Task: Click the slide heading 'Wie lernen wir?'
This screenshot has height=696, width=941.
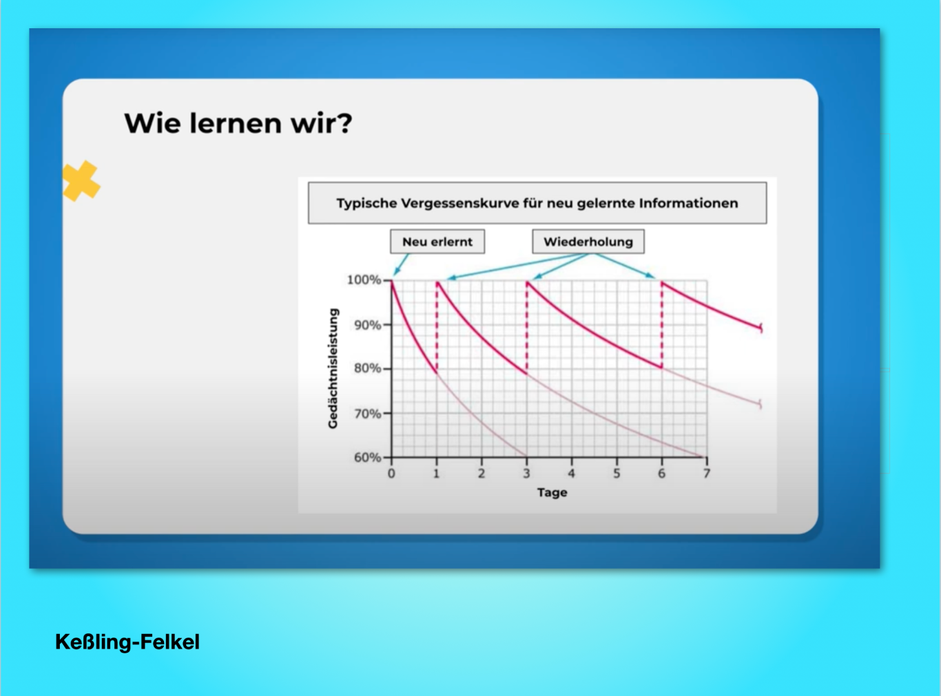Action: [238, 123]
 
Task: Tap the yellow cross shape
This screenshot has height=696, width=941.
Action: [81, 181]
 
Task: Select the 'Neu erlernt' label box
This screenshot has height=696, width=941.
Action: [437, 242]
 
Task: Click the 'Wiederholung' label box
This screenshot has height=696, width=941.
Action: [588, 242]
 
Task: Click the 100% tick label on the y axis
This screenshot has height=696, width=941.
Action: [364, 280]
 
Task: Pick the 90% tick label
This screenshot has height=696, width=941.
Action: [367, 326]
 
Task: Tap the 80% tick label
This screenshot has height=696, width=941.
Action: [367, 368]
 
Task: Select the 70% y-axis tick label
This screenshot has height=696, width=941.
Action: [367, 414]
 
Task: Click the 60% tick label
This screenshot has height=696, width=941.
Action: [367, 457]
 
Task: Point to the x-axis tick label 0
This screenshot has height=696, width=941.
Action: [391, 474]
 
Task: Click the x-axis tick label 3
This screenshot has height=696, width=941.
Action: [526, 474]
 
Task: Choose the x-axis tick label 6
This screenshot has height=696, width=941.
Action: [661, 474]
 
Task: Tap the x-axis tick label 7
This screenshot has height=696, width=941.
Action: [706, 474]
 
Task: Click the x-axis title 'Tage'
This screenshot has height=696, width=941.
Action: [552, 493]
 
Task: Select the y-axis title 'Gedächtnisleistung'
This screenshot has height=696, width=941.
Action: [333, 368]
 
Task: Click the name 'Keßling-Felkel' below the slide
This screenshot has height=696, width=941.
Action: [127, 642]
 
